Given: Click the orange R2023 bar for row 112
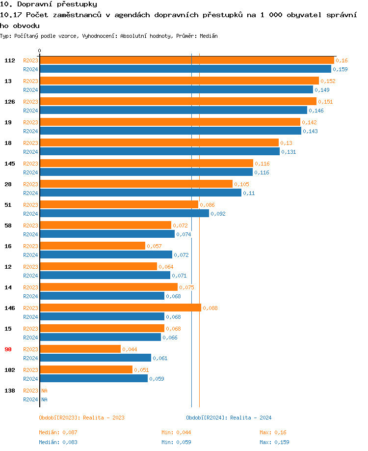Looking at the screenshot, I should (186, 60).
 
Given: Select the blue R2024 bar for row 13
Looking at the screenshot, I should (176, 90).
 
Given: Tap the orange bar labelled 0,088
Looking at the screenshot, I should (120, 308).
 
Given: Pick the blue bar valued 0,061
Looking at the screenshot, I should (95, 358).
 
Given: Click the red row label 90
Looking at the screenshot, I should (8, 349).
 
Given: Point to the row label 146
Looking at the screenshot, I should (10, 308).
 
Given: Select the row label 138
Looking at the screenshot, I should (10, 391).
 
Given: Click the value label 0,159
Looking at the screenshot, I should (340, 69).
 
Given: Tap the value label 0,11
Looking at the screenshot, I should (249, 193).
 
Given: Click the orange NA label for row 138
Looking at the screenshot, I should (44, 391).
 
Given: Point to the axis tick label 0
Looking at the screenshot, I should (40, 51).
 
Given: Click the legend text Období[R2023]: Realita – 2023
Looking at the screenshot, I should (81, 418).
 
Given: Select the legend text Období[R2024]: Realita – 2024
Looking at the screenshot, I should (229, 418).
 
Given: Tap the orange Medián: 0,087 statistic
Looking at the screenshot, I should (58, 432).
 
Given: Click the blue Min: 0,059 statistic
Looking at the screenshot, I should (176, 442).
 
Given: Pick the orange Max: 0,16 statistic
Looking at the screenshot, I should (273, 432).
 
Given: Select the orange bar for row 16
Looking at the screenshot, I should (92, 246).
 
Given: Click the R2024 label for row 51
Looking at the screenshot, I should (30, 214).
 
